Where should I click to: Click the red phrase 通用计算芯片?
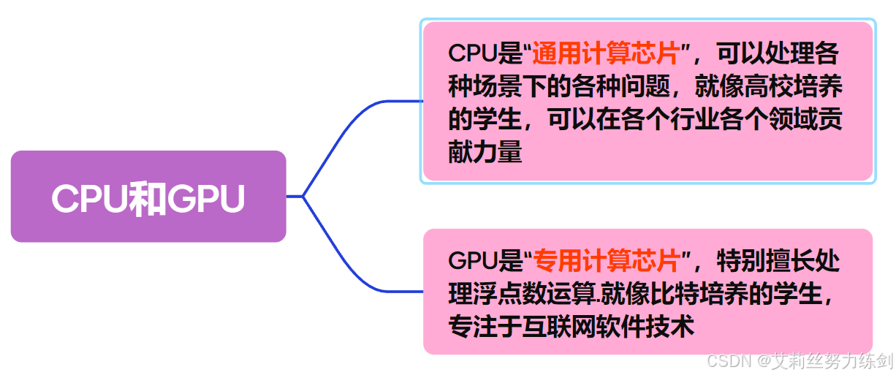click(605, 54)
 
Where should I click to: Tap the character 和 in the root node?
click(148, 198)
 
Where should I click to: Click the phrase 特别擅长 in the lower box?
click(766, 260)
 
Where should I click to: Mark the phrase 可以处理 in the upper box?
click(760, 54)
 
